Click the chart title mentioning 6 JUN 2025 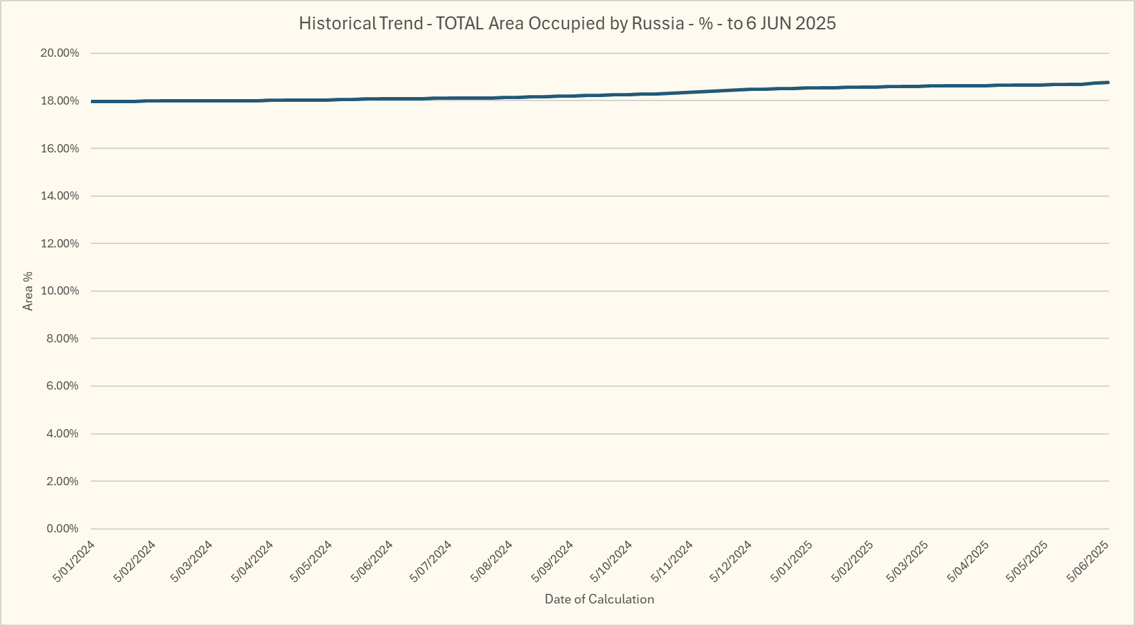(x=567, y=23)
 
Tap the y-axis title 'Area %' (x=28, y=291)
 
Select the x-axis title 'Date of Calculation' (x=599, y=599)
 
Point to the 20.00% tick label (x=59, y=53)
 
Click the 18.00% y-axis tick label (x=59, y=101)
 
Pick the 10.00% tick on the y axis (x=59, y=291)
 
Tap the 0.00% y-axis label (x=62, y=529)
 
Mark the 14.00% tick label (x=59, y=196)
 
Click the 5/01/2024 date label (x=74, y=561)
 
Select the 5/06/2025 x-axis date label (x=1089, y=561)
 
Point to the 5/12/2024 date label (x=731, y=561)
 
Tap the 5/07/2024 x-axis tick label (x=431, y=561)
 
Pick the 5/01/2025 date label (x=791, y=561)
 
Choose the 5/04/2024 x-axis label (x=253, y=561)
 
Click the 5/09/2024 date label (x=553, y=561)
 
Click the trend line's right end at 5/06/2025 (x=1108, y=83)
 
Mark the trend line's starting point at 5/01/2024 (x=92, y=102)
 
